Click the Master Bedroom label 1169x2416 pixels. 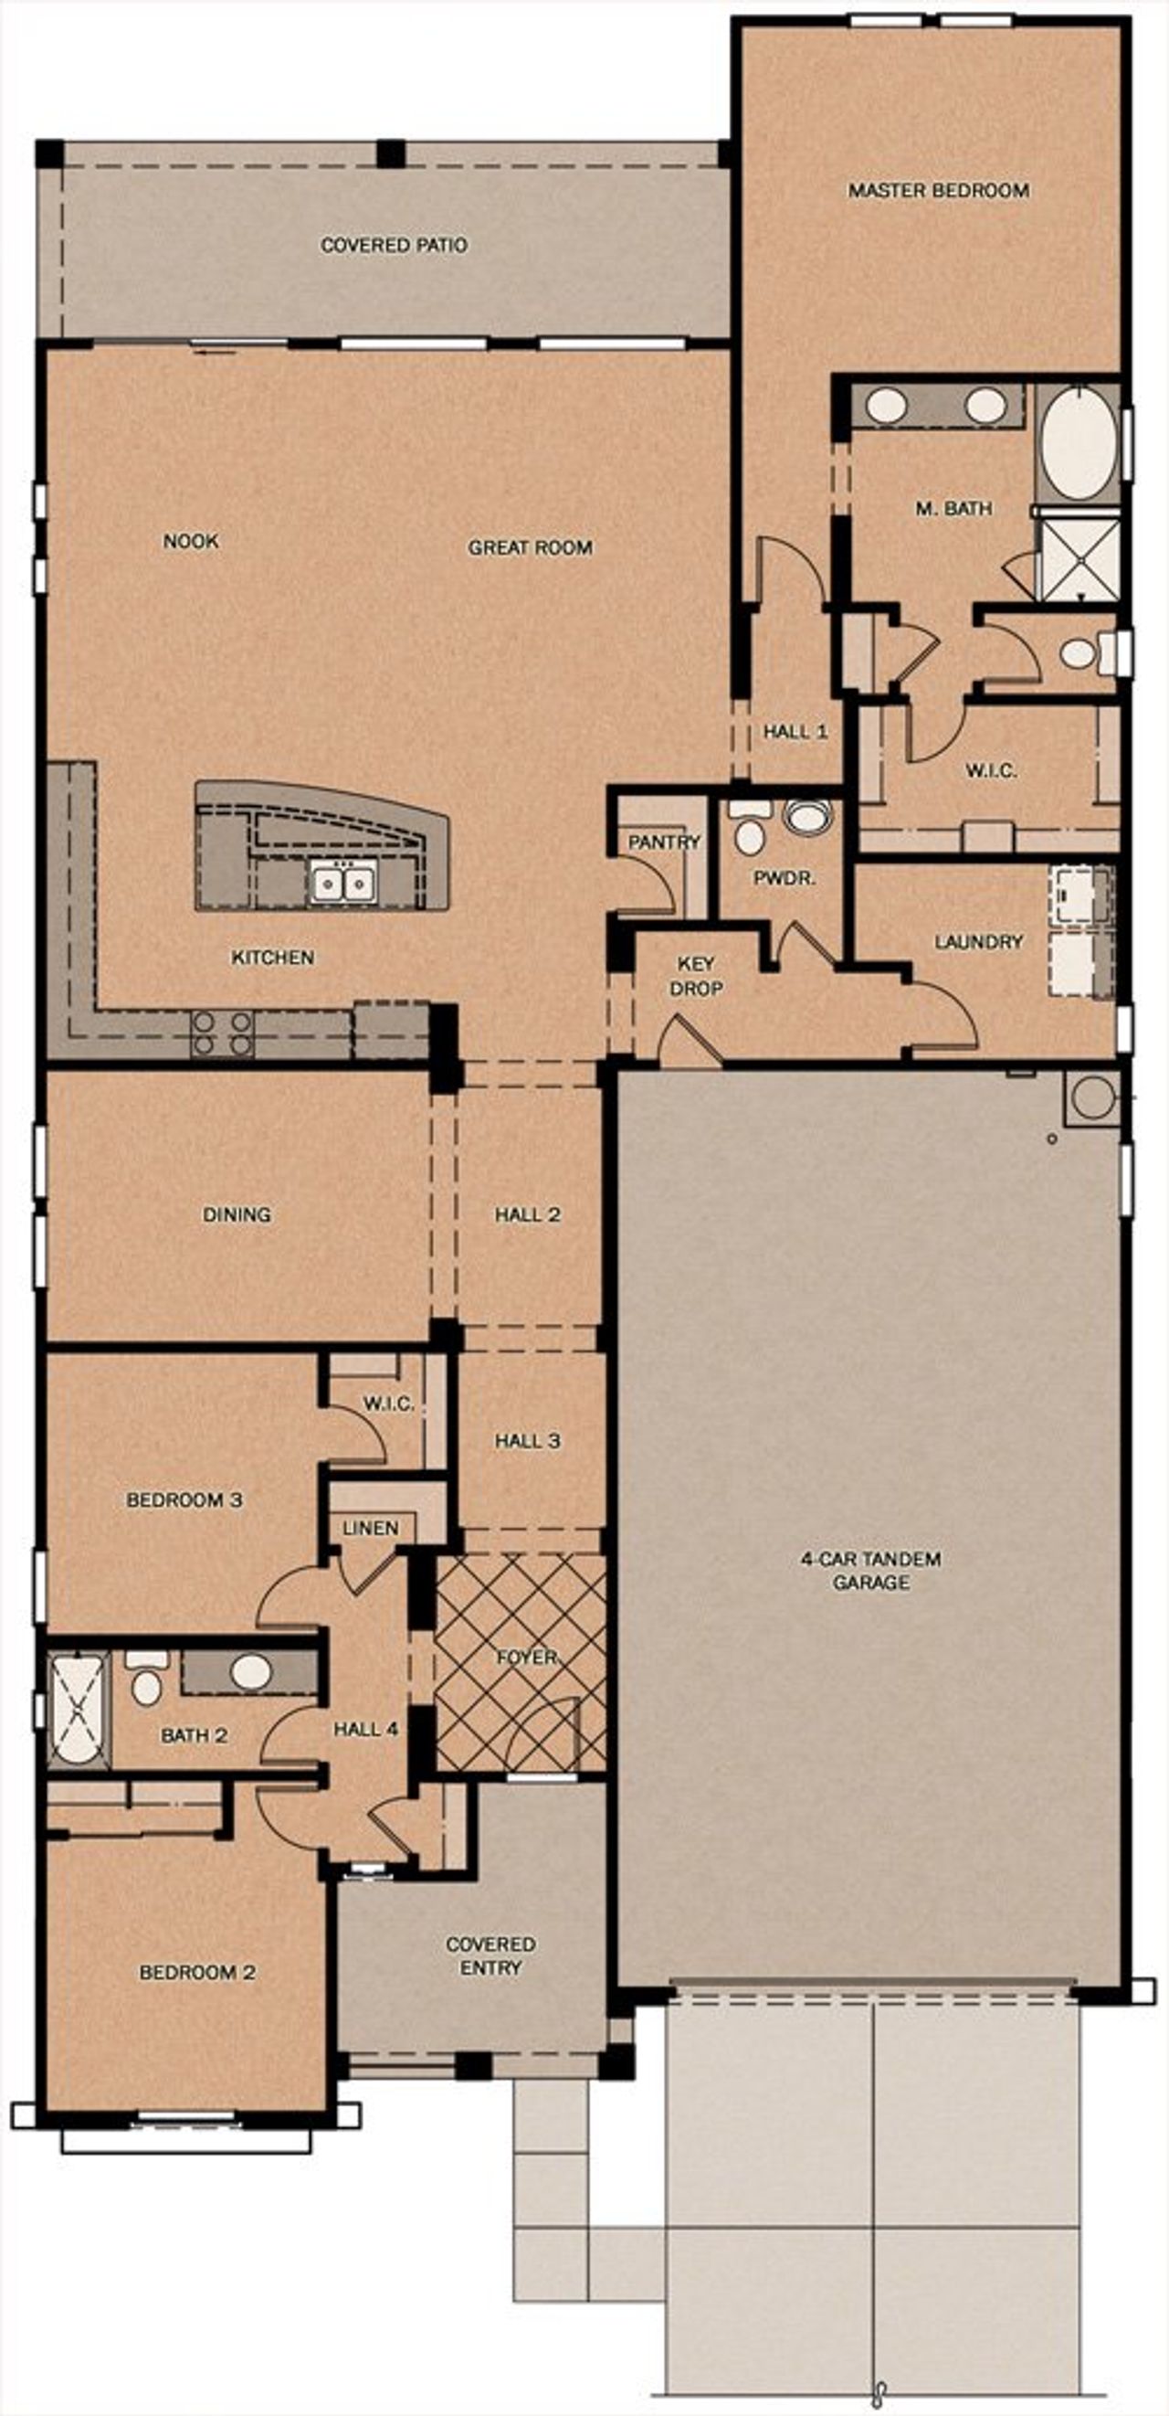point(937,190)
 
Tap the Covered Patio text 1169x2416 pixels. point(394,245)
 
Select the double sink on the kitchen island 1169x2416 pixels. point(342,883)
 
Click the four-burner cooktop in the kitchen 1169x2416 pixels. point(222,1033)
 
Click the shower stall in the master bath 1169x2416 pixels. point(1079,559)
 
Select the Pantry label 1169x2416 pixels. point(664,842)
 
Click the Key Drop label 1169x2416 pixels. point(696,975)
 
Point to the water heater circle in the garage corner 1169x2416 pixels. point(1092,1097)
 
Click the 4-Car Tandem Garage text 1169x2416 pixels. point(870,1570)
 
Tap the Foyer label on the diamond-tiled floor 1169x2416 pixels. point(527,1658)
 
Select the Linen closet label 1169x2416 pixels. point(370,1528)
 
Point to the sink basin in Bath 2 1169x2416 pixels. point(250,1670)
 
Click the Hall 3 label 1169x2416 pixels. point(528,1440)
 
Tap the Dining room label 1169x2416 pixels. point(237,1213)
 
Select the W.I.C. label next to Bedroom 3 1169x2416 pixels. point(388,1404)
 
